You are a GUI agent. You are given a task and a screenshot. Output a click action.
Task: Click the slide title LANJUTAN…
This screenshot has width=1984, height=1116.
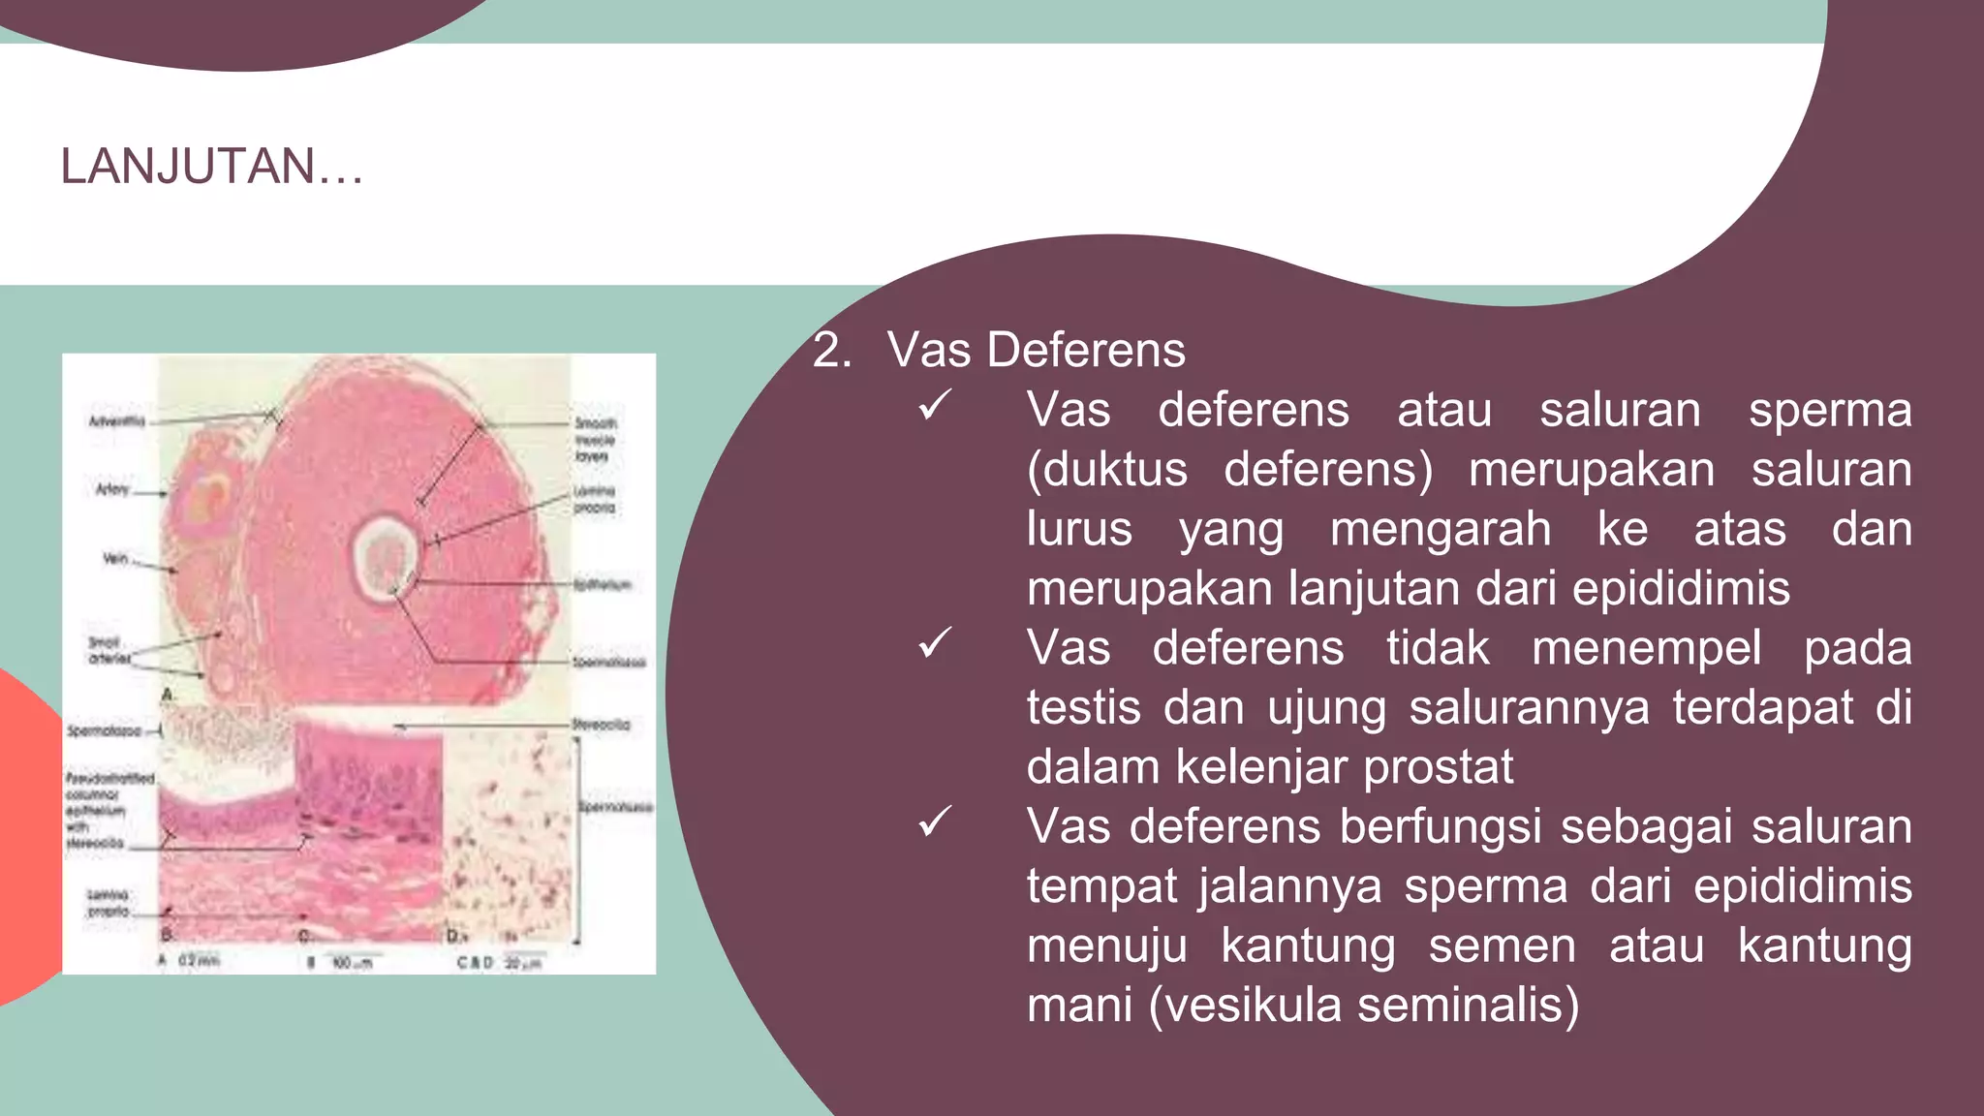[211, 166]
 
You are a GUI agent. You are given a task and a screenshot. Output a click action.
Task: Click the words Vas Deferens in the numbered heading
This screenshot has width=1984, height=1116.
[1036, 350]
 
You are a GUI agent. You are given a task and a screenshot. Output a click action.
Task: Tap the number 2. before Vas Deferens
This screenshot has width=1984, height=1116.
[832, 350]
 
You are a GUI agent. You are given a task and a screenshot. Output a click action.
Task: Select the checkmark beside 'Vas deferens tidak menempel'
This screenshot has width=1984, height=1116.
[936, 643]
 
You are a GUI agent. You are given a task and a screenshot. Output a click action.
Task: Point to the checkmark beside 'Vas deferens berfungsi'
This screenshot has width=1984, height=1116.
[936, 822]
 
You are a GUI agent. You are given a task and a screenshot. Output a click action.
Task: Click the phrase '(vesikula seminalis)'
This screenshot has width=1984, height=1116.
[1363, 1005]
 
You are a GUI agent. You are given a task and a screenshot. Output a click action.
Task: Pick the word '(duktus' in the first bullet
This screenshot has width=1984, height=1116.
[1106, 469]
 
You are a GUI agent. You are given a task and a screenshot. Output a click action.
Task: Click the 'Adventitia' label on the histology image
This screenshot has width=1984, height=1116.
[116, 421]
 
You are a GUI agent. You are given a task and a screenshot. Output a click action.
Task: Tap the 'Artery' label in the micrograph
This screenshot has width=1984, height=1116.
[112, 489]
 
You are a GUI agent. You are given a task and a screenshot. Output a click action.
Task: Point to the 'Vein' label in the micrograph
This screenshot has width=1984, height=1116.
[115, 559]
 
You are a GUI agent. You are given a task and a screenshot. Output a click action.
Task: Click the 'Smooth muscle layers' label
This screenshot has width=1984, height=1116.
[594, 439]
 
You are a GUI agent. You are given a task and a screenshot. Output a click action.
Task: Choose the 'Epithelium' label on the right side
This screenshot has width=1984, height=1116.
[602, 585]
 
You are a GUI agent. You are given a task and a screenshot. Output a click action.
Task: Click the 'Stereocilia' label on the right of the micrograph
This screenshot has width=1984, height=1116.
[602, 725]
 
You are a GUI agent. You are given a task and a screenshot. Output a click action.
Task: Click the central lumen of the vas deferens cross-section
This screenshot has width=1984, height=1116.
[386, 556]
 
